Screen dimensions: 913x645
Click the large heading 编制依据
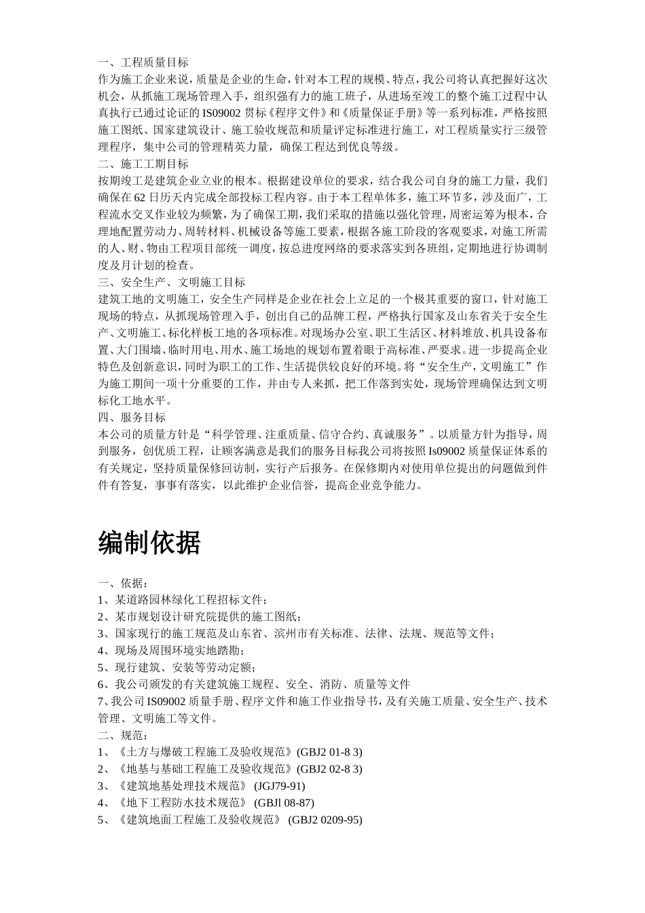tap(149, 543)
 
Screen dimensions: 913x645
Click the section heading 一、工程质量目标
tap(143, 62)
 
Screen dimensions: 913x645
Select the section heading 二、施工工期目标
tap(143, 164)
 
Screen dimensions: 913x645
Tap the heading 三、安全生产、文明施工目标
tap(172, 282)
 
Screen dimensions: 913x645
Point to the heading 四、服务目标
tap(132, 417)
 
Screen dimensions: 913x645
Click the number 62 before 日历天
tap(140, 198)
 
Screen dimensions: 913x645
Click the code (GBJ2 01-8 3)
tap(330, 752)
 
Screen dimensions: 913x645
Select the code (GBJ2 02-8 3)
tap(330, 769)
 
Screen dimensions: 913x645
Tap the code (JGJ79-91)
tap(279, 786)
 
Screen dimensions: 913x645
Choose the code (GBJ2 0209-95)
tap(325, 820)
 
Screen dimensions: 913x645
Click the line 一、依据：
tap(123, 583)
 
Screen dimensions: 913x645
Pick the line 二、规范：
tap(123, 735)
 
